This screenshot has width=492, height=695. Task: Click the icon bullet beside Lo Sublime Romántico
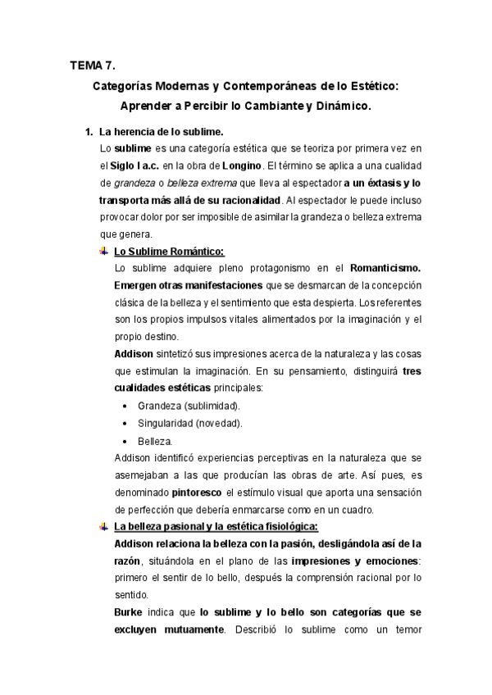(x=103, y=251)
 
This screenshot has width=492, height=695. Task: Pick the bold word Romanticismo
(x=385, y=268)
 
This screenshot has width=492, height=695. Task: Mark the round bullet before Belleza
(x=123, y=441)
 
